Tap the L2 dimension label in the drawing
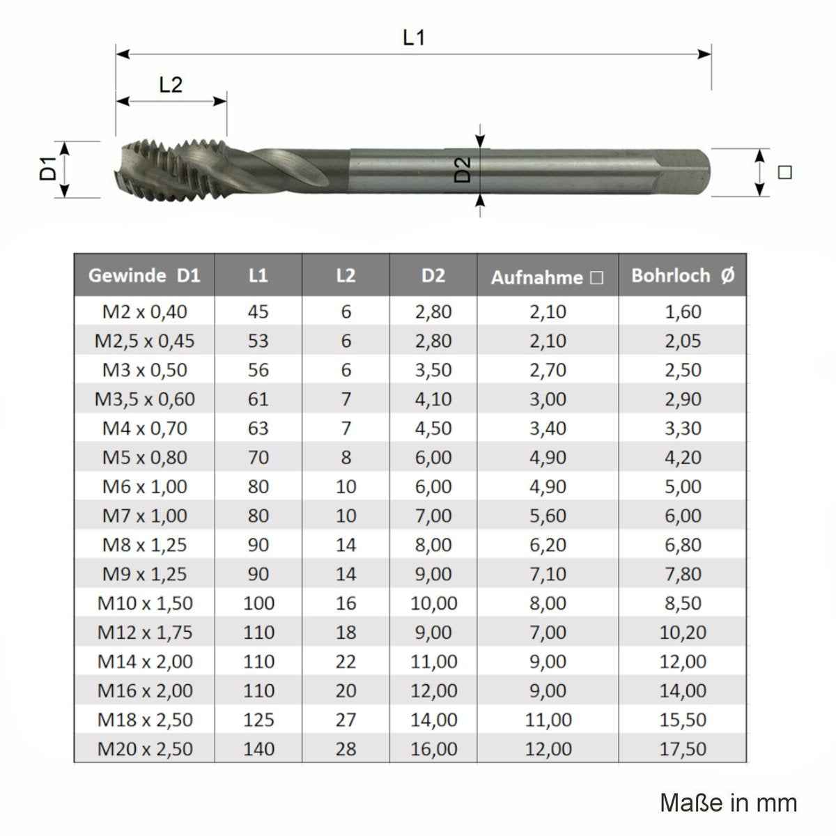click(171, 85)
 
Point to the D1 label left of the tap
click(48, 169)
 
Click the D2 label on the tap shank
click(463, 169)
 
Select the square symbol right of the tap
click(785, 172)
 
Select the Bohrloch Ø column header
click(683, 275)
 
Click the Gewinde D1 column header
click(144, 275)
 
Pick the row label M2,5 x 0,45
click(144, 341)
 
